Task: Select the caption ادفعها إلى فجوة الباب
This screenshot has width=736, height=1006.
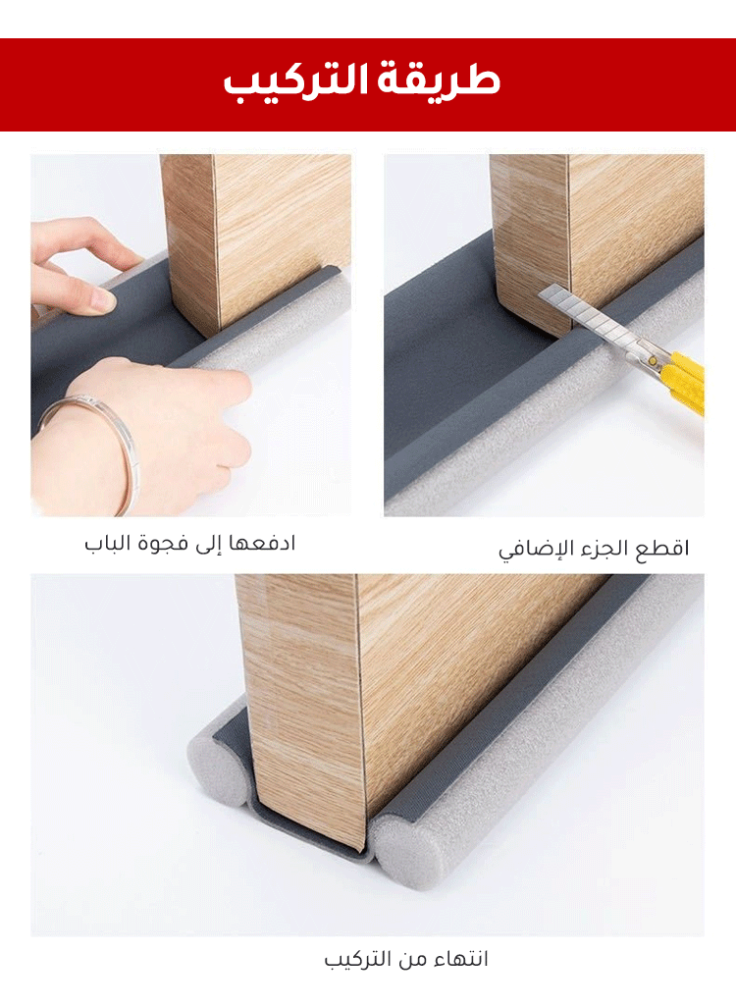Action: point(190,544)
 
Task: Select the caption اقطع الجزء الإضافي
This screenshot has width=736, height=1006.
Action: point(594,550)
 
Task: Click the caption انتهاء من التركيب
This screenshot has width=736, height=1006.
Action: point(406,959)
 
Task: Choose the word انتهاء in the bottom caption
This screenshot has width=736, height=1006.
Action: point(458,959)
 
